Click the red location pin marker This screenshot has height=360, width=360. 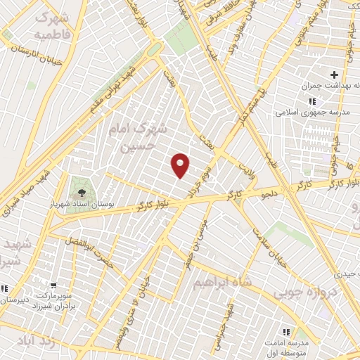coord(181,165)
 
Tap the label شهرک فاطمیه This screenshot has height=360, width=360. coord(52,25)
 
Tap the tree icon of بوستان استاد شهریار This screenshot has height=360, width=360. coord(82,192)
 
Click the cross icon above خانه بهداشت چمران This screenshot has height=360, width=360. coord(334,75)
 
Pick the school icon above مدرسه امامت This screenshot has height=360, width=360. coord(286,331)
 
